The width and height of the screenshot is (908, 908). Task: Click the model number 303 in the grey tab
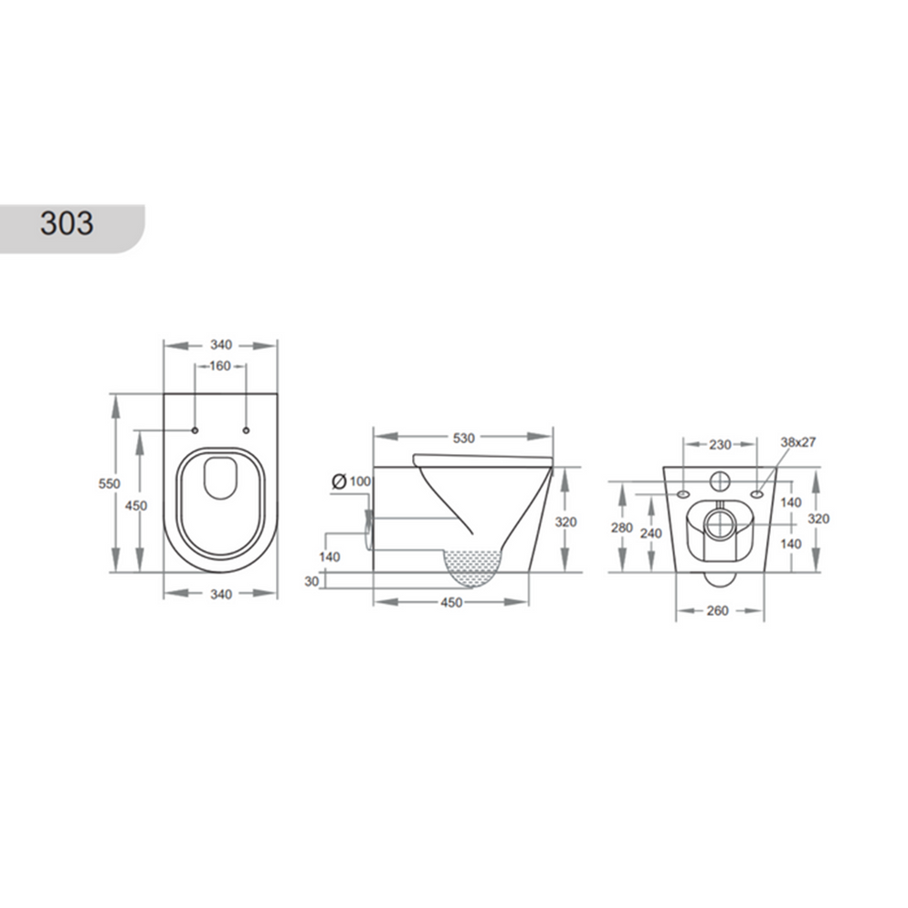point(67,222)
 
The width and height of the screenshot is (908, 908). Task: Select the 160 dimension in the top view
point(219,365)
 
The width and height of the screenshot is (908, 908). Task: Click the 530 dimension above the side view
point(463,438)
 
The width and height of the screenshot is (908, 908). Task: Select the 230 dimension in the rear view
point(720,445)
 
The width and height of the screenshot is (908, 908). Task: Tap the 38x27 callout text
point(797,441)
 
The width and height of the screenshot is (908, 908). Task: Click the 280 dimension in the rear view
point(622,527)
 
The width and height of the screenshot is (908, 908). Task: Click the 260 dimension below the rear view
point(717,610)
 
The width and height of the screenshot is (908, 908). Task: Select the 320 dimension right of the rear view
point(818,518)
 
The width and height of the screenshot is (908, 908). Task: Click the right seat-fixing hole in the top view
point(247,429)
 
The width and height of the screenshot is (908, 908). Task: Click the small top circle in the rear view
point(719,478)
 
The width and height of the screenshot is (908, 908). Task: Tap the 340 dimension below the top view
point(219,594)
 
